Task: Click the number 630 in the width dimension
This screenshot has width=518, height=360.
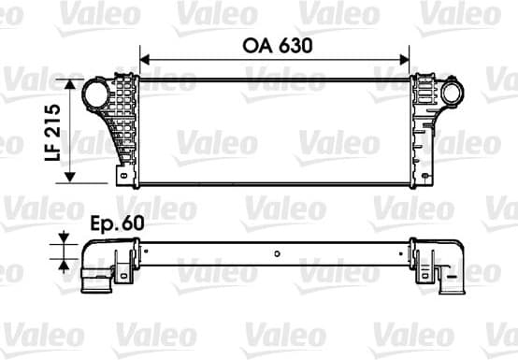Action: (x=293, y=44)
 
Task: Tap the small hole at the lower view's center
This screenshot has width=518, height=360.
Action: (x=277, y=252)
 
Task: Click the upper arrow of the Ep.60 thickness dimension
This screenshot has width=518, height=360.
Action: (x=64, y=236)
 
